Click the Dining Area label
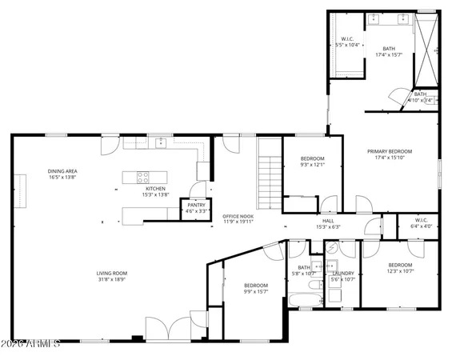(62, 170)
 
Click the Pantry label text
(196, 205)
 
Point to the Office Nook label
(238, 216)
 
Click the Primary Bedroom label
(390, 151)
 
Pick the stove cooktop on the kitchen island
(143, 177)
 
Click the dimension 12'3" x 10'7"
(400, 271)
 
